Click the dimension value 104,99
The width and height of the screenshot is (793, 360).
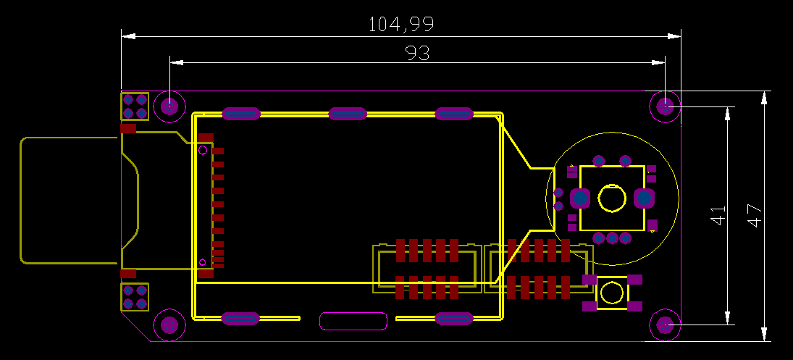click(401, 25)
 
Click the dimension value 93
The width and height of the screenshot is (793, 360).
click(417, 53)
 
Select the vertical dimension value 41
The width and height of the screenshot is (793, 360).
click(718, 215)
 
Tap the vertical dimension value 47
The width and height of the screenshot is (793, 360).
click(755, 215)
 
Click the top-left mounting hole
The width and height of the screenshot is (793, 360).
click(170, 106)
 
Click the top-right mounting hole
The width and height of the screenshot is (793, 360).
click(665, 106)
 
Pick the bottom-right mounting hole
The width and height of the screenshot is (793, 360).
click(665, 325)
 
